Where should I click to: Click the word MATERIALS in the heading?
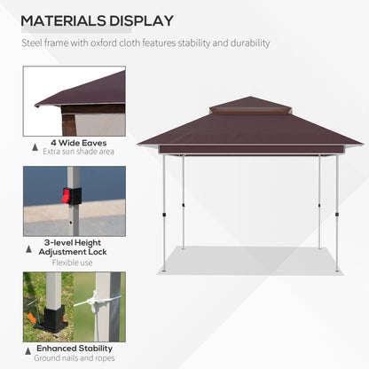[x=63, y=20]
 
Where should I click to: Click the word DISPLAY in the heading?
[x=139, y=20]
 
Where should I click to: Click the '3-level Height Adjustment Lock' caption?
[x=75, y=247]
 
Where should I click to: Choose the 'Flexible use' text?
[x=74, y=262]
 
